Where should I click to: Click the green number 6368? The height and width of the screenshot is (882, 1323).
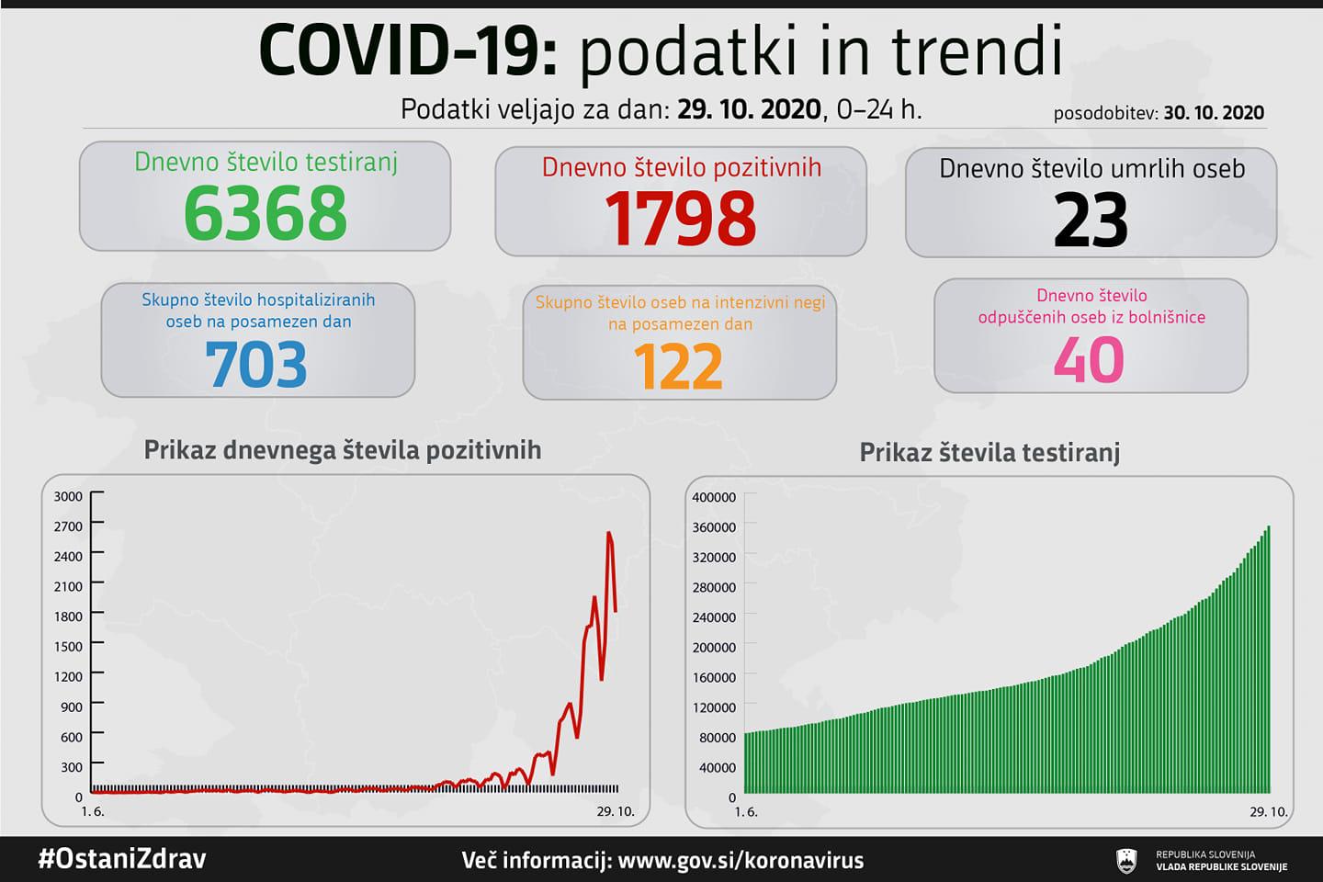266,213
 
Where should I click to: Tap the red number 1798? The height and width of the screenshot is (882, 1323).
681,219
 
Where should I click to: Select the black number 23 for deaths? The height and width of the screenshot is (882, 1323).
1091,220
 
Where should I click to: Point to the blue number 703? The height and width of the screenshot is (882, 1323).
256,365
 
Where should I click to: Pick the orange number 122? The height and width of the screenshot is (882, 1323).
679,367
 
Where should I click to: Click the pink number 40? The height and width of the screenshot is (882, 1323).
1089,359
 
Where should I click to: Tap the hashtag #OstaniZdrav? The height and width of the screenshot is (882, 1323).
121,859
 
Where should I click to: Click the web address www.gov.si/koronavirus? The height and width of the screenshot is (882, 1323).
741,861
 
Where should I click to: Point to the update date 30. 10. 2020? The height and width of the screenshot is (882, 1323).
1214,113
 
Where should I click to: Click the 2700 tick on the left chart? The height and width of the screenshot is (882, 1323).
69,526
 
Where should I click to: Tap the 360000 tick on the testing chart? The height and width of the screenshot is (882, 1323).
714,527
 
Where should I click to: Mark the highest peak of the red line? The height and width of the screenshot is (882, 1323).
609,533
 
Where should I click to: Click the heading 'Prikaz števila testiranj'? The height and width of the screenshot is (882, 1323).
989,453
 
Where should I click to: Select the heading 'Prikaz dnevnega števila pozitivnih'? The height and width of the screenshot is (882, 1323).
343,450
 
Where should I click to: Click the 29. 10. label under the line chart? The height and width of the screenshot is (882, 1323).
615,811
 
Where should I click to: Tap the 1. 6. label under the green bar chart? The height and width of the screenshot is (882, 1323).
746,812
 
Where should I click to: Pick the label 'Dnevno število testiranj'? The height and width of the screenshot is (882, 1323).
266,163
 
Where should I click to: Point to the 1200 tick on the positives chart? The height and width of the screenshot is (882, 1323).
69,676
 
